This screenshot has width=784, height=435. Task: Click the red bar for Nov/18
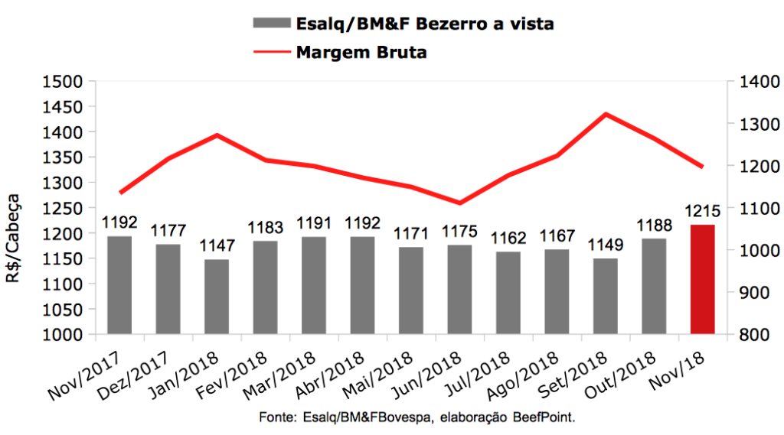702,279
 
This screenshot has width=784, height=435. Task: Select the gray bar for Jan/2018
217,297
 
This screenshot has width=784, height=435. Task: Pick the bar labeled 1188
654,286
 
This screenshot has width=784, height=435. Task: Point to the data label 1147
217,246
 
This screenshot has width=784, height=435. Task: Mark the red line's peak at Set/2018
606,115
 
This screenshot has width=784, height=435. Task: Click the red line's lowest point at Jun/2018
459,203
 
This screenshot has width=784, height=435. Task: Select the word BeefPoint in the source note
545,419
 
